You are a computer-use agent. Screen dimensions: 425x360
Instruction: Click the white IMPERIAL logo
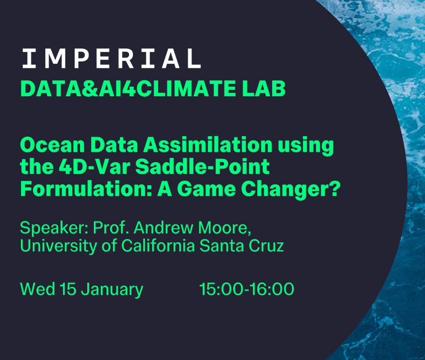pos(111,58)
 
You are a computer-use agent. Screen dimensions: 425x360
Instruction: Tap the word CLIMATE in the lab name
pos(186,88)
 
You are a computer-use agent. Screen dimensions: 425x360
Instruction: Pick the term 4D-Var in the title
pos(95,167)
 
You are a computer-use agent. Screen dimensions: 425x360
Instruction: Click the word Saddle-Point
pos(202,167)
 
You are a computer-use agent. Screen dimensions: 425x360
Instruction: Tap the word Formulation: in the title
pos(86,189)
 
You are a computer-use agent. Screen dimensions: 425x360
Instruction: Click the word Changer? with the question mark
pos(291,189)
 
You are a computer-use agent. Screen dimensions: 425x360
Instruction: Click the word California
pos(158,245)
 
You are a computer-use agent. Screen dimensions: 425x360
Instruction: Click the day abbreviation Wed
pos(38,289)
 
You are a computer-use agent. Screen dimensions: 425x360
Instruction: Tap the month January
pos(112,290)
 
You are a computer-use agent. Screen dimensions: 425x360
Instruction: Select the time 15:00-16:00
pos(247,289)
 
